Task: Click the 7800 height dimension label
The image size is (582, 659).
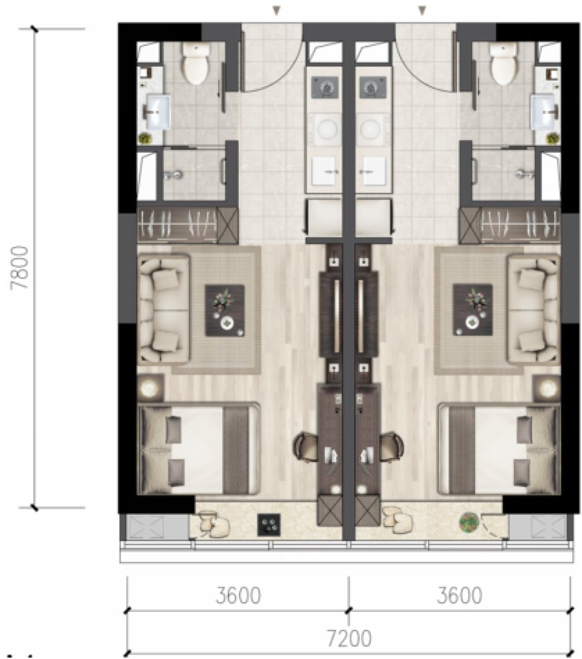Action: (21, 267)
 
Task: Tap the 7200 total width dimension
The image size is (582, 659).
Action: (349, 639)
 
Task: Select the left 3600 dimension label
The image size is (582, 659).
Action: (238, 595)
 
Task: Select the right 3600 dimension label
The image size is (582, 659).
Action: (459, 595)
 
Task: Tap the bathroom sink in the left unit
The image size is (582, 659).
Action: (158, 111)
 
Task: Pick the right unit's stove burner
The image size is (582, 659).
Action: (373, 87)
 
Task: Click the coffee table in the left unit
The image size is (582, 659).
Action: (225, 311)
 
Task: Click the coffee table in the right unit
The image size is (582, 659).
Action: (472, 310)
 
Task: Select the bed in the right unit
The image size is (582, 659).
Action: (499, 449)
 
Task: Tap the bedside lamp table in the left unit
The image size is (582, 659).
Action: (150, 387)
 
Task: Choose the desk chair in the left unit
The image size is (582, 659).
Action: (306, 447)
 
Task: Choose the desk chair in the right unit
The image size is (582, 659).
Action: (391, 447)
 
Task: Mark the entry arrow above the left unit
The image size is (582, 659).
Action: (276, 10)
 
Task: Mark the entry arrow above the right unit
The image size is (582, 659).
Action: (422, 10)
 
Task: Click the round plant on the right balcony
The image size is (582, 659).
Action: (469, 522)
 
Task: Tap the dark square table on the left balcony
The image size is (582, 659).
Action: (269, 525)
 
